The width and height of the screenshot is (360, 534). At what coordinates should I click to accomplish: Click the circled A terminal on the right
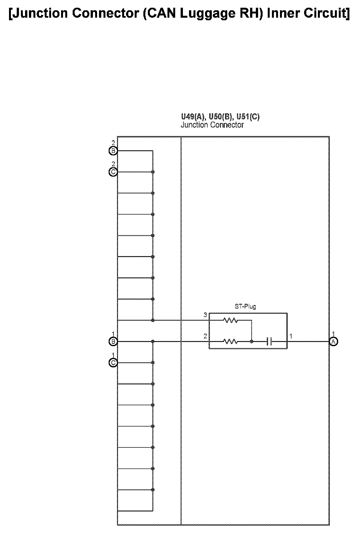coord(334,342)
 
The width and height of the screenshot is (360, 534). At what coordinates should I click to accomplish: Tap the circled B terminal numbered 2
coord(113,151)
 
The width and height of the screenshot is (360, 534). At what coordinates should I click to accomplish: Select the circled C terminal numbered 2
coord(113,172)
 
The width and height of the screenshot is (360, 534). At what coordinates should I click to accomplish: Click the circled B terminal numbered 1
coord(113,342)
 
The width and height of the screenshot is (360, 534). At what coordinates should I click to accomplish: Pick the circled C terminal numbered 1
coord(113,363)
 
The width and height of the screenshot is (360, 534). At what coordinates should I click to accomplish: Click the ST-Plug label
coord(245,306)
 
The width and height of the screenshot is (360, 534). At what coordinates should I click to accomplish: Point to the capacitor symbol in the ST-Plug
coord(269,342)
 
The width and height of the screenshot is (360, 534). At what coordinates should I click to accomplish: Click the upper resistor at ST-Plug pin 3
coord(230,320)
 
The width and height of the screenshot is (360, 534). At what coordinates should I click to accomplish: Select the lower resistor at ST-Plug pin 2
coord(230,342)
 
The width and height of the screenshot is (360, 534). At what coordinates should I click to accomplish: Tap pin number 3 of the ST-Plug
coord(205,315)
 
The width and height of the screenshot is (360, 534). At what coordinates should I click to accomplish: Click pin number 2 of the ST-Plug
coord(205,336)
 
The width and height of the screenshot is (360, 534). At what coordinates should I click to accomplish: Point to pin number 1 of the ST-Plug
coord(291,336)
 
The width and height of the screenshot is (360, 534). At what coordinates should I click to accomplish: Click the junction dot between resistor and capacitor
coord(252,342)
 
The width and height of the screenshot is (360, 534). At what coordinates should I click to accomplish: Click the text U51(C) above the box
coord(248,117)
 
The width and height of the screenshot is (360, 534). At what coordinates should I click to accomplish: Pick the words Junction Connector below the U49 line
coord(212,125)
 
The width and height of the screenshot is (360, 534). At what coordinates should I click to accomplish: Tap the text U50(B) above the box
coord(221,117)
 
